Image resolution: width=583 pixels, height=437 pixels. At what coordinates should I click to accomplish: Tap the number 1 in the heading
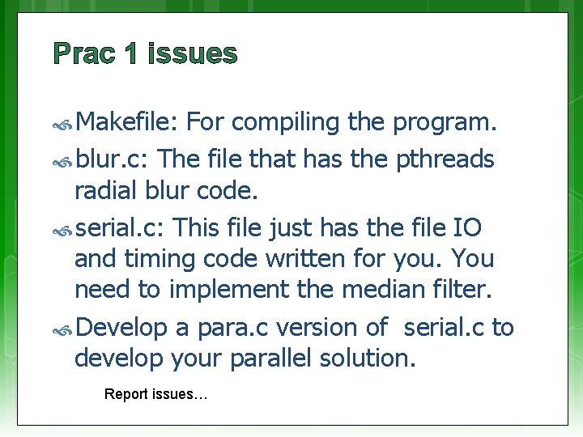132,54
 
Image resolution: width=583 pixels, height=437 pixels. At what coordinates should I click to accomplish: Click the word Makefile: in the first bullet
127,122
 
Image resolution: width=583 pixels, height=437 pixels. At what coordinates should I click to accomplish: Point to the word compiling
287,123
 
